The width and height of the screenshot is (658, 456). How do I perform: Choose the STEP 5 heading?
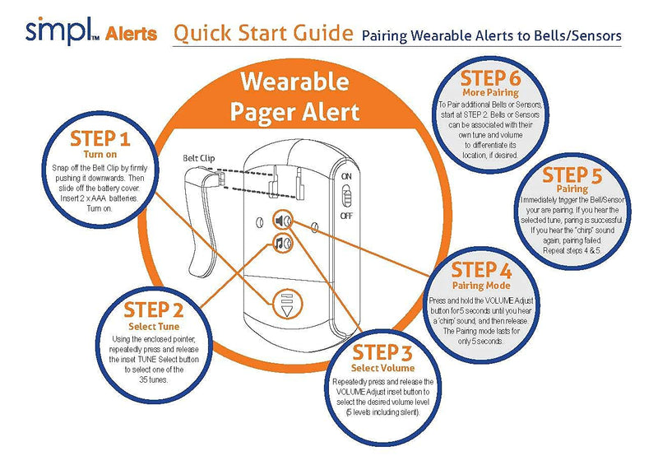tap(577, 176)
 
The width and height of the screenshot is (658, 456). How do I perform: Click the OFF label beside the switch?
tap(348, 216)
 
